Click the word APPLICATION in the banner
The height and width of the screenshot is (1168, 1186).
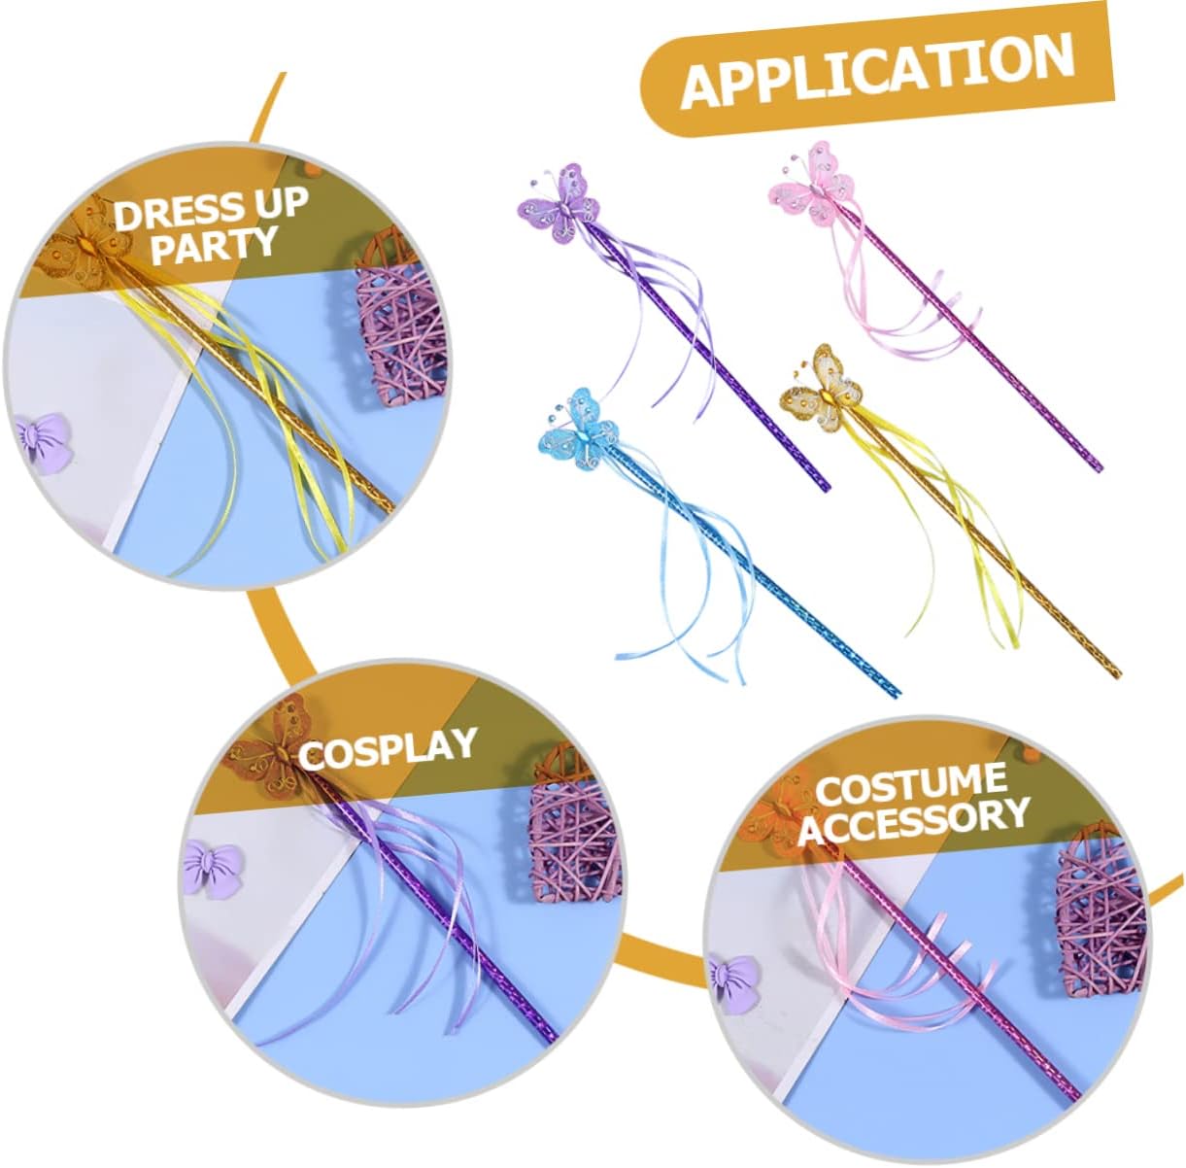pos(877,71)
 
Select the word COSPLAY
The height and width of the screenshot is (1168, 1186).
pos(388,748)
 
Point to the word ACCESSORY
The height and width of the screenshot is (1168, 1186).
pos(913,819)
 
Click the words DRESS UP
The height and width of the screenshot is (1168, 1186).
pos(211,208)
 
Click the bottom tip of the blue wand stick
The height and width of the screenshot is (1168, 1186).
pos(897,692)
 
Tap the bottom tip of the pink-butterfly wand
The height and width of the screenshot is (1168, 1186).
pos(1097,467)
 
